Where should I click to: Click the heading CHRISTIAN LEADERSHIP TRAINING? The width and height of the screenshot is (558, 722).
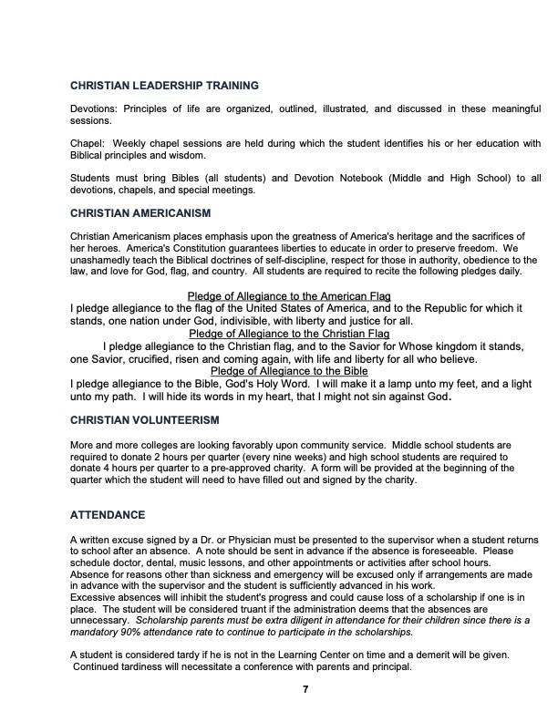coord(164,86)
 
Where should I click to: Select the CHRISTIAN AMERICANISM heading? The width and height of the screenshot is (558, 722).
coord(140,213)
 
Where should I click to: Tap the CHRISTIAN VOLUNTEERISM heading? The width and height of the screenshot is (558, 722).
coord(144,419)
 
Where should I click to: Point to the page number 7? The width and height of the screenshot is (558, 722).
coord(305,688)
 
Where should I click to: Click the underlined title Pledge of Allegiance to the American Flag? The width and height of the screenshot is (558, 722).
coord(289,296)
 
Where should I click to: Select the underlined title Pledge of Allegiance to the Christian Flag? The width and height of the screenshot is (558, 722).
coord(289,334)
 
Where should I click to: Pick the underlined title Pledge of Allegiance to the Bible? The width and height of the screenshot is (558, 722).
coord(288,371)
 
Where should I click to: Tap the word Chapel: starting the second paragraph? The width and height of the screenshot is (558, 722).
coord(87,144)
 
